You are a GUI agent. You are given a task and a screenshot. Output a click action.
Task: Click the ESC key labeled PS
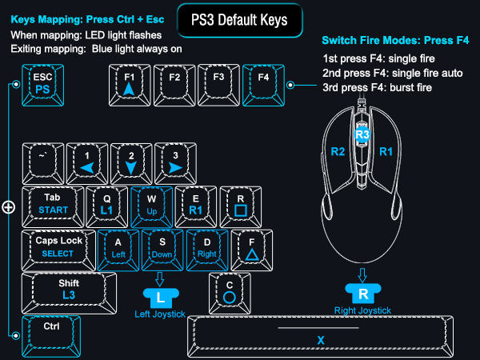(43, 85)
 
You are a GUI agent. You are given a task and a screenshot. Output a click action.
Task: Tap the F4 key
(263, 85)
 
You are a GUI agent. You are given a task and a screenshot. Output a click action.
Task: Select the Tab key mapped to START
(53, 206)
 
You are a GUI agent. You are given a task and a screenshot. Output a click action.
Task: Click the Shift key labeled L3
(69, 293)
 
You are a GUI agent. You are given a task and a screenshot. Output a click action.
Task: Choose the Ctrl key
(51, 337)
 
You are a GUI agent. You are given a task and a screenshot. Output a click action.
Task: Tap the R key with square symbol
(241, 206)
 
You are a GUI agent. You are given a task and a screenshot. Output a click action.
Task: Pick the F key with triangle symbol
(252, 250)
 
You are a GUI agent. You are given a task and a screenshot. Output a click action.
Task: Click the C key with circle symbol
(230, 293)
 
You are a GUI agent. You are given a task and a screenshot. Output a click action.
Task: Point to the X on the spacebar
(321, 340)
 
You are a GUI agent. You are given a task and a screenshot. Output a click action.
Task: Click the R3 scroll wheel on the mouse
(362, 134)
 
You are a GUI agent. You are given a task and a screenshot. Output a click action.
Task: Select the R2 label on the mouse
(338, 151)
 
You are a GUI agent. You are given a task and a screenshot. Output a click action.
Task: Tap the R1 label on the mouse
(386, 151)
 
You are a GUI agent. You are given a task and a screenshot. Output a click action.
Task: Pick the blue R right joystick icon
(363, 294)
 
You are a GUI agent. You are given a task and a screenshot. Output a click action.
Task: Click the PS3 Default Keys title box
(240, 20)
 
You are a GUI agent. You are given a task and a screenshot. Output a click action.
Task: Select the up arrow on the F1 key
(129, 89)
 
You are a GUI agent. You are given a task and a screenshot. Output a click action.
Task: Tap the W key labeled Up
(151, 206)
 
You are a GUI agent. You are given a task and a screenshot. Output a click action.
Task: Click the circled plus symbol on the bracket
(9, 207)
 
